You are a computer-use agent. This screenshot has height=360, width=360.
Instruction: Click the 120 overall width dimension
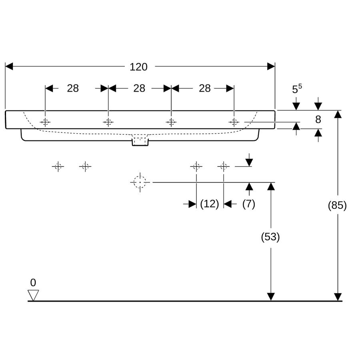click(138, 67)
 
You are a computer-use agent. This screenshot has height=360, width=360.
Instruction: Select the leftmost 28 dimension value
click(73, 88)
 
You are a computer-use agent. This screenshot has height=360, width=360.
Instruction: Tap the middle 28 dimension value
click(139, 88)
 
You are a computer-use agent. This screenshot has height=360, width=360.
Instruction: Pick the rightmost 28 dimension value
click(205, 88)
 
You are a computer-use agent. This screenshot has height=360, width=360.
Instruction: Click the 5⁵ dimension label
click(297, 89)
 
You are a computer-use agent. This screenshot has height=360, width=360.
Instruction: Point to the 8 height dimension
click(318, 119)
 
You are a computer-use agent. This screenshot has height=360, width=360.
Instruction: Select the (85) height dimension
click(337, 205)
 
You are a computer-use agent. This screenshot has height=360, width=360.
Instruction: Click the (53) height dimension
click(270, 237)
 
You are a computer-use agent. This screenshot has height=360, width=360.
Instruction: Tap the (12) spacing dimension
click(210, 204)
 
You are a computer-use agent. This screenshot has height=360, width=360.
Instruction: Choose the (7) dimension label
click(249, 204)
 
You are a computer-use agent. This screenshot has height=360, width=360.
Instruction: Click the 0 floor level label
click(33, 283)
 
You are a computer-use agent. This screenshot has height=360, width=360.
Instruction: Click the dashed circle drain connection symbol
click(140, 182)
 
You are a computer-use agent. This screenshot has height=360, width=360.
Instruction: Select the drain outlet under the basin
click(140, 142)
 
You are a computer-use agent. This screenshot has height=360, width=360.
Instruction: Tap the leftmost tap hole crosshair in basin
click(45, 122)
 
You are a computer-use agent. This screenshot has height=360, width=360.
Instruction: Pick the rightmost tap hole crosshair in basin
click(234, 122)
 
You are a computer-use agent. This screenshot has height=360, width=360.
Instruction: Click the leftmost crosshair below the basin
click(58, 166)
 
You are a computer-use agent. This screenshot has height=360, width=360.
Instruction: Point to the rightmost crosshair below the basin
click(223, 166)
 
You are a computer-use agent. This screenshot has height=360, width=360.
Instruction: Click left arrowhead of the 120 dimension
click(9, 66)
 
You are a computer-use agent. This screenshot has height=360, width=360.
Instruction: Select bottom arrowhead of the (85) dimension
click(338, 297)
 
